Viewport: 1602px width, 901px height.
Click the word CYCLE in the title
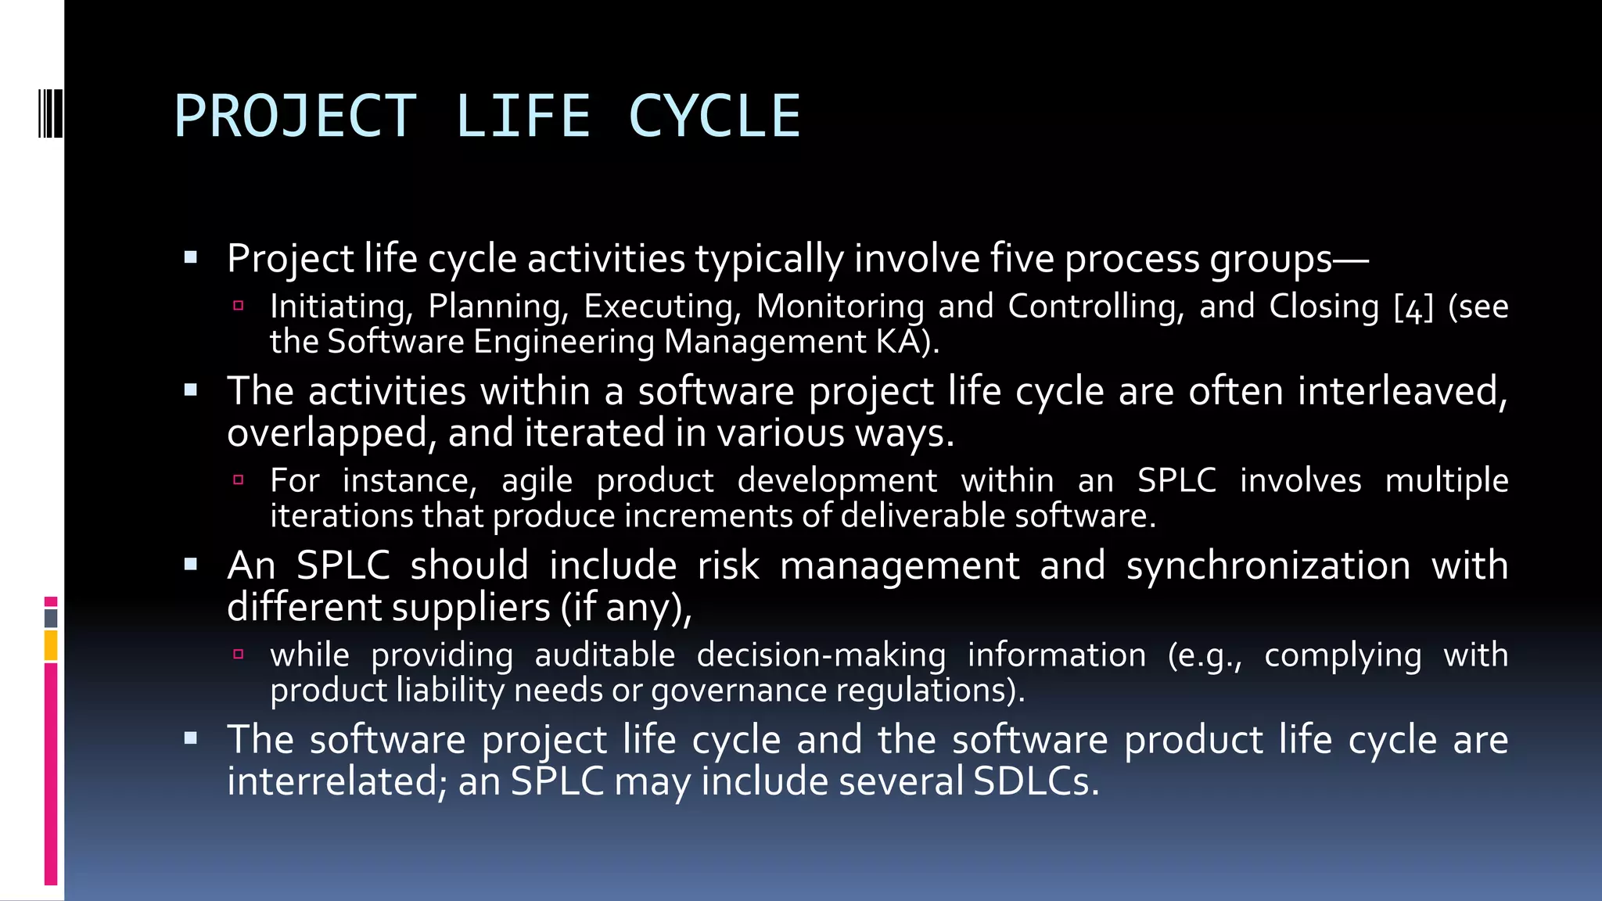click(x=714, y=117)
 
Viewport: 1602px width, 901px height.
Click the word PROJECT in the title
click(x=295, y=117)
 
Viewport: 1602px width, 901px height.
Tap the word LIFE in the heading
click(x=522, y=117)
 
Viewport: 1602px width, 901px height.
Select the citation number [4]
click(x=1413, y=307)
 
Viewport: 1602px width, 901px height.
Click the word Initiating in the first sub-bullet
click(x=341, y=307)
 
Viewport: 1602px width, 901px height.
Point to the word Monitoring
click(x=840, y=307)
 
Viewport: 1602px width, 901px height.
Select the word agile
click(x=537, y=482)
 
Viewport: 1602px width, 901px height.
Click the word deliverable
click(x=924, y=516)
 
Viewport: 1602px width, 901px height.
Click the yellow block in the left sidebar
click(x=51, y=645)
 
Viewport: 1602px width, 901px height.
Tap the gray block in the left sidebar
click(x=51, y=618)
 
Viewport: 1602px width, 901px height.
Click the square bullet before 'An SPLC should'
click(x=191, y=564)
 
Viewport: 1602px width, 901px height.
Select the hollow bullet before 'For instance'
click(x=239, y=480)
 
